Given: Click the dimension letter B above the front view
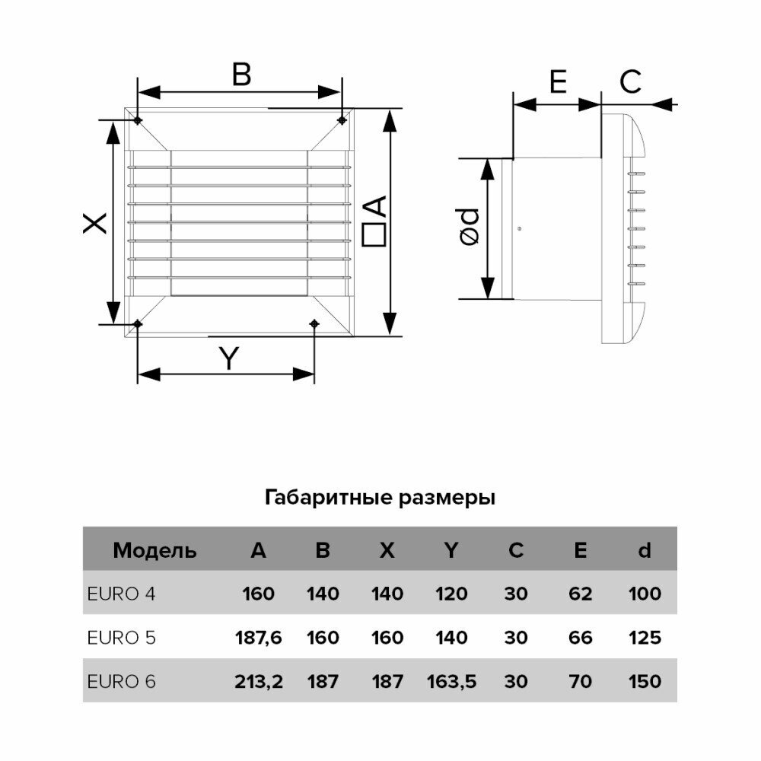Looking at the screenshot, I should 241,75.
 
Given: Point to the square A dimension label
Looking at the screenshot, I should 374,221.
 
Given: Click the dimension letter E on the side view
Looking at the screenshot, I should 558,81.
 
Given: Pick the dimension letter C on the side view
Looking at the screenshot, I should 630,81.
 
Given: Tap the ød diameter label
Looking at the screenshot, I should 470,227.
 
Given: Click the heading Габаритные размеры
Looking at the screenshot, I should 380,498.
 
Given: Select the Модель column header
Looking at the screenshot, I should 154,550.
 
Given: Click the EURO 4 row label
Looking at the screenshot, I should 123,594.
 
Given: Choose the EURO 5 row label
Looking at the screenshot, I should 123,638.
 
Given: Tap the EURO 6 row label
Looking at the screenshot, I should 123,681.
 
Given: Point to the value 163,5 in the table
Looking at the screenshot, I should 451,681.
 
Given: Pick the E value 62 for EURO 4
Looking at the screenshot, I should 580,594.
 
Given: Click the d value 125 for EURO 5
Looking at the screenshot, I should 645,638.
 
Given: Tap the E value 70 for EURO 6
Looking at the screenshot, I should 580,681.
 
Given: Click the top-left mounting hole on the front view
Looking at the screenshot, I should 137,121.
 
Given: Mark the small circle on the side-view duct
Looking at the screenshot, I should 518,230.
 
